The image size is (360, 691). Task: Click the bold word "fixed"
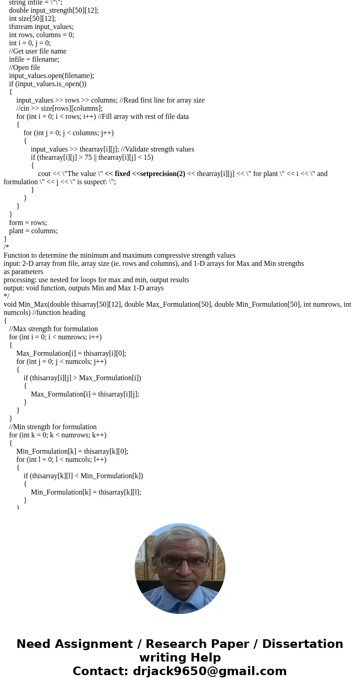point(122,174)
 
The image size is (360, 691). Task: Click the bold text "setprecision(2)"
point(162,174)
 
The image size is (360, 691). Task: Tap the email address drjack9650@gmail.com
point(210,671)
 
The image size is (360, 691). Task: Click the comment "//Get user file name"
point(38,51)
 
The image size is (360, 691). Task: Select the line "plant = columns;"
point(33,231)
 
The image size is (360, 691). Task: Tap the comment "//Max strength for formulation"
point(54,329)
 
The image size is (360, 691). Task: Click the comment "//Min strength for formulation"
point(53,427)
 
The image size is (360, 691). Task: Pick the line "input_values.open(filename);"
point(52,76)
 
